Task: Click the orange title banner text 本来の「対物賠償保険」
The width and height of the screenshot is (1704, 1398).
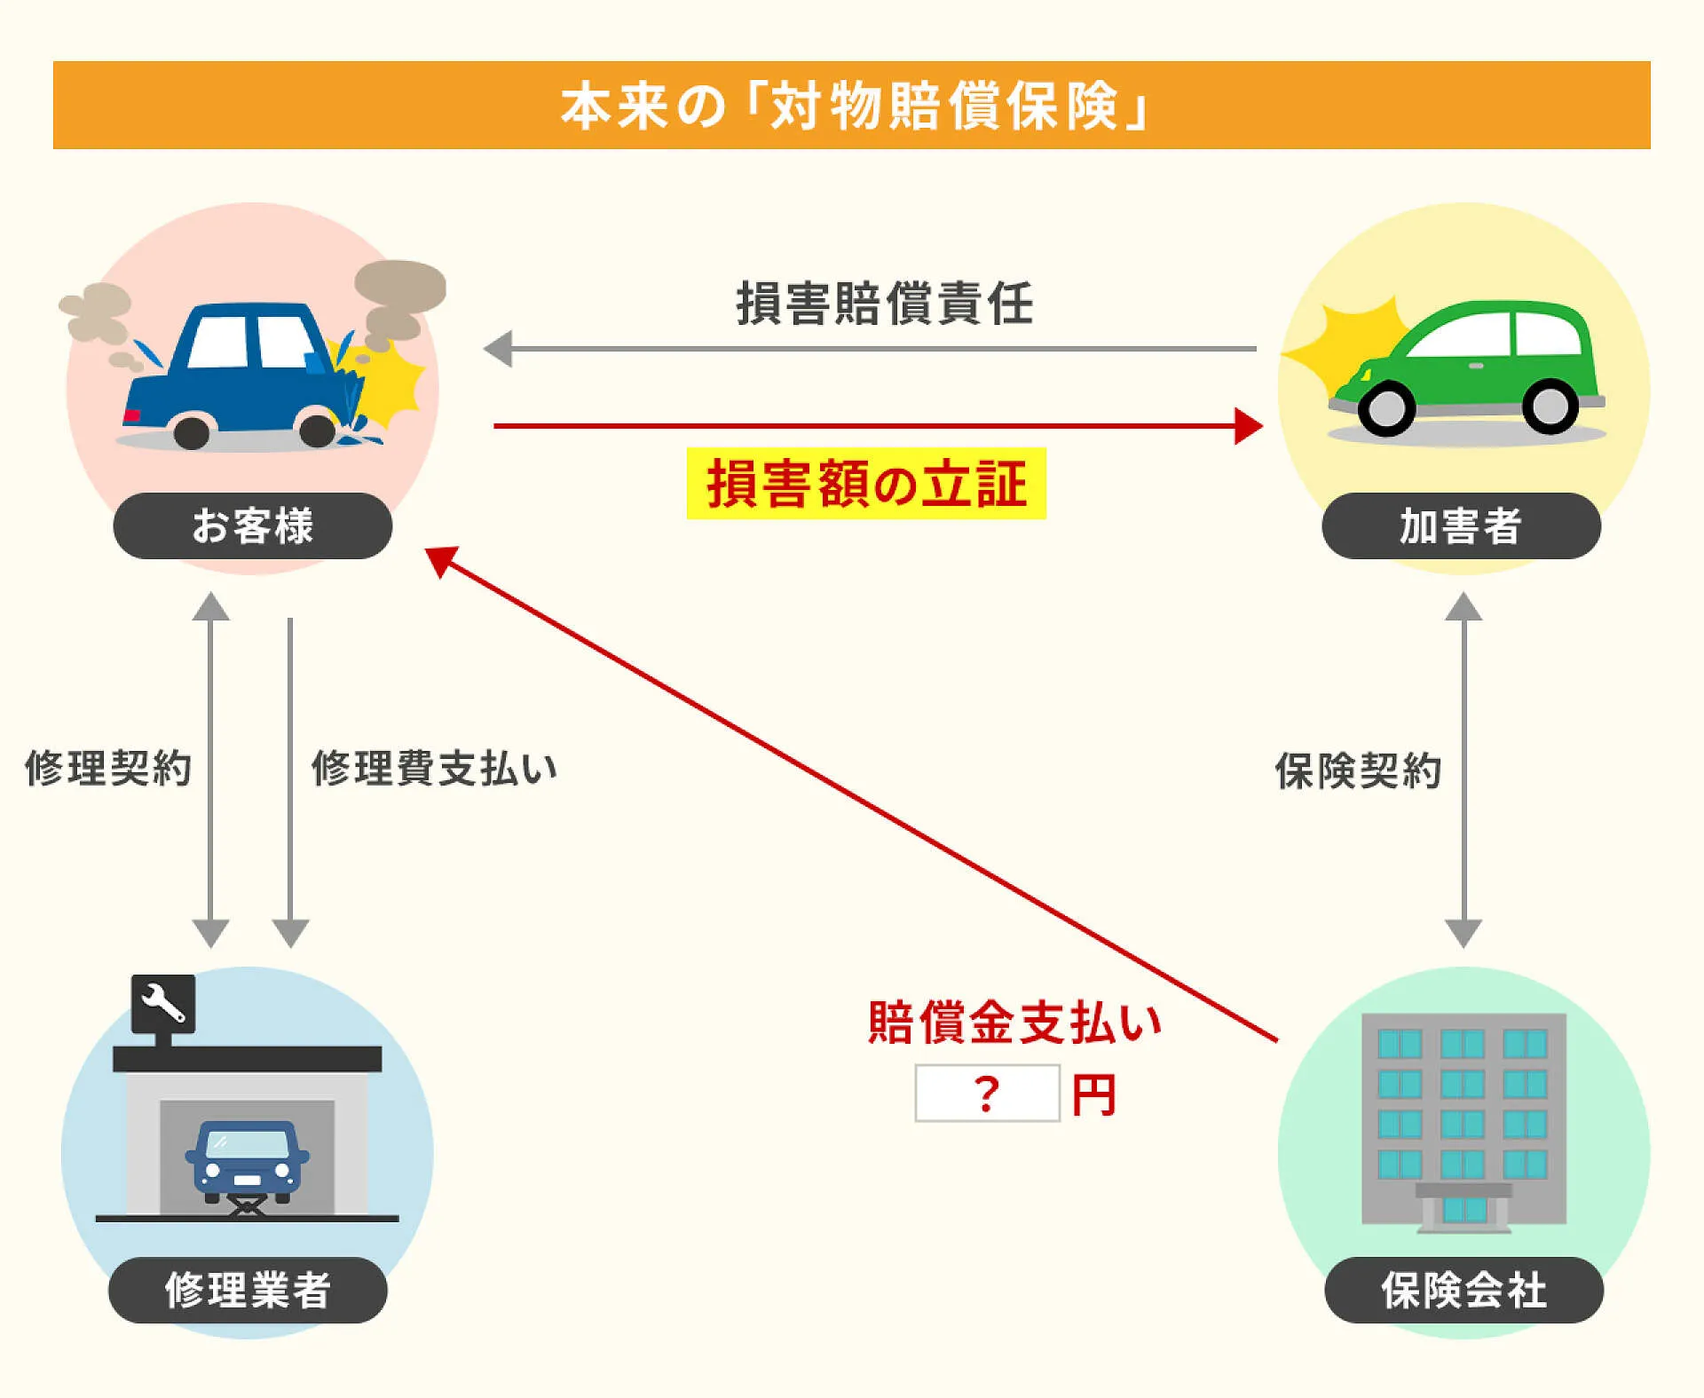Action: click(x=852, y=106)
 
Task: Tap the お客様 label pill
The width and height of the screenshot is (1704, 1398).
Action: click(x=253, y=525)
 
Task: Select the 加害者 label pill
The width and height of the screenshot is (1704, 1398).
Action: click(x=1461, y=525)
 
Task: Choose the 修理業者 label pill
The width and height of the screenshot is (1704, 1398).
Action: click(x=248, y=1290)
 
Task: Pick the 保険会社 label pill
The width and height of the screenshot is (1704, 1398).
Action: click(x=1463, y=1290)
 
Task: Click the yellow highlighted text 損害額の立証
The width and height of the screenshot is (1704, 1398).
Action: click(x=866, y=484)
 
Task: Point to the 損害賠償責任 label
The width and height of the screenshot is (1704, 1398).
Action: click(x=885, y=304)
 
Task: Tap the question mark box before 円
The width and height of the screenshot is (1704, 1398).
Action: click(x=987, y=1094)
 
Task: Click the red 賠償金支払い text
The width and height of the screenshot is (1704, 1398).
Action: click(x=1014, y=1023)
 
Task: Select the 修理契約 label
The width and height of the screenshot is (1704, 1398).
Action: click(x=108, y=768)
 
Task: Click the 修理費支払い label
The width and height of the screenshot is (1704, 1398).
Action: click(x=434, y=768)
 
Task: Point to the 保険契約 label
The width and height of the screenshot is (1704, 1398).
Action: click(x=1358, y=770)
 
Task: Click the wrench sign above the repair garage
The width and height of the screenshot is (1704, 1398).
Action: click(x=163, y=1003)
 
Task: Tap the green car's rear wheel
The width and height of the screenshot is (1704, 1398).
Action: click(x=1550, y=407)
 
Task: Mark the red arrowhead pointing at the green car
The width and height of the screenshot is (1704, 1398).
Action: click(x=1248, y=426)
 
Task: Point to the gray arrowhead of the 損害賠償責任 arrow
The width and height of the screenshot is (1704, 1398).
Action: click(x=499, y=349)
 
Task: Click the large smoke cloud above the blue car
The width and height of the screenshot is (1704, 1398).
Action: click(x=399, y=286)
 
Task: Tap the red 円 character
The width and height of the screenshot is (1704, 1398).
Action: click(x=1093, y=1095)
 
